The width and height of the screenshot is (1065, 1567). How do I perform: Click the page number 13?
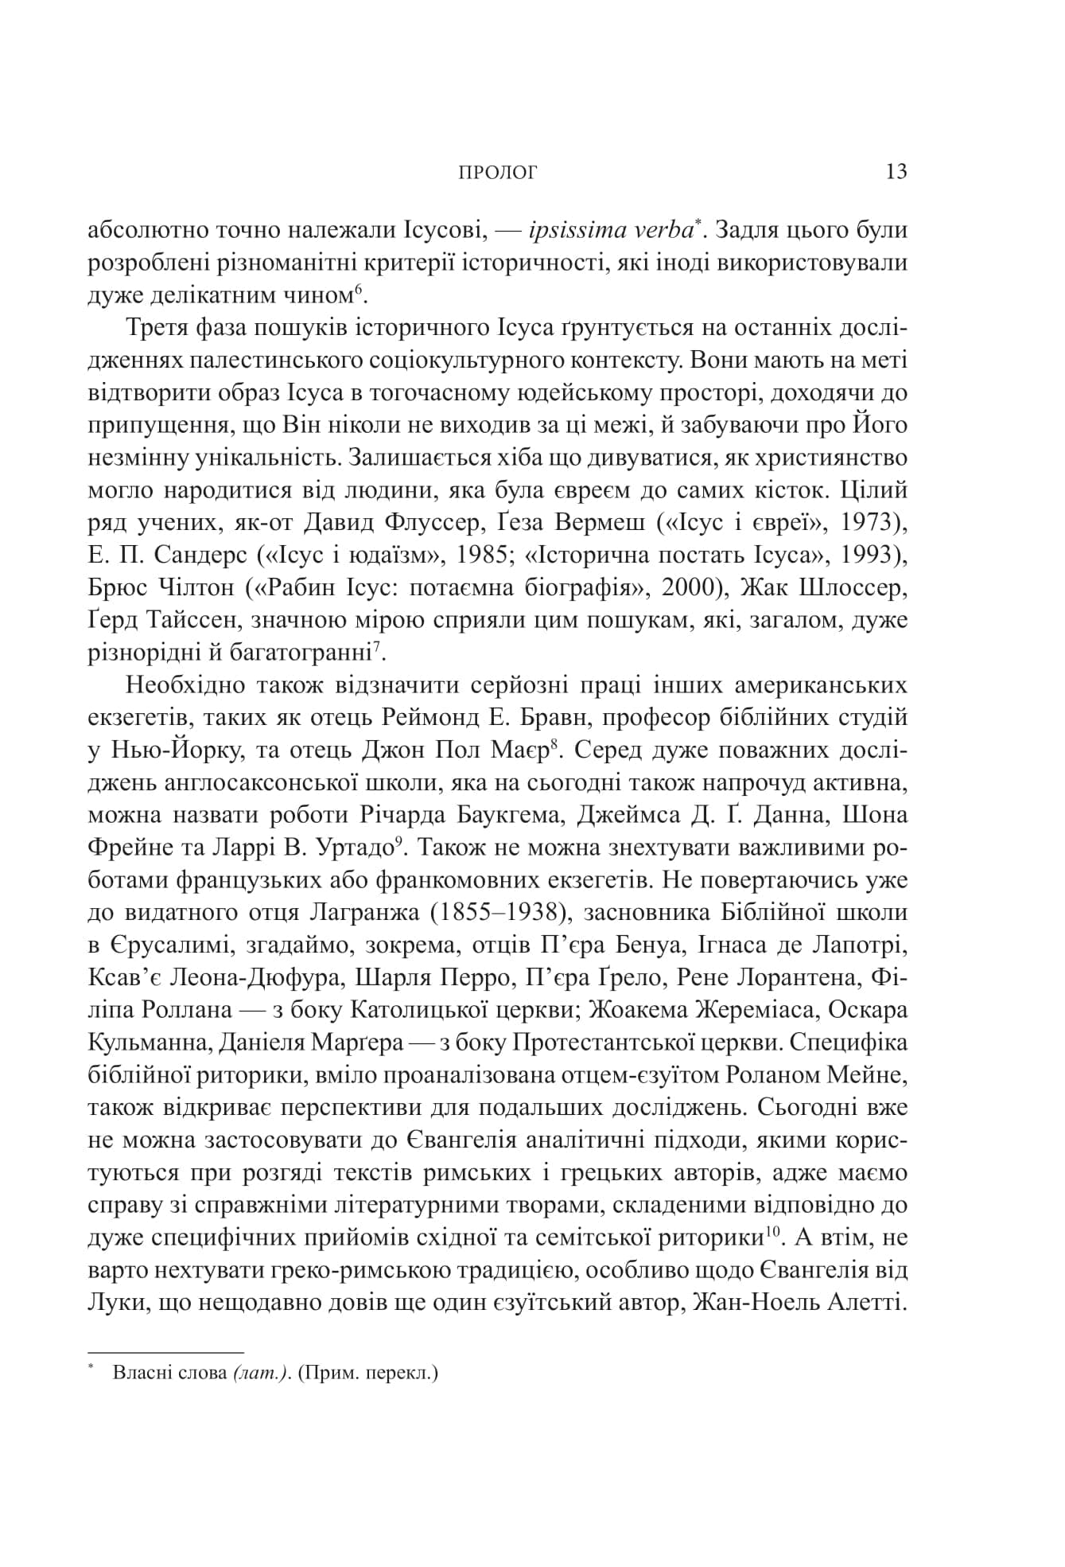pos(896,172)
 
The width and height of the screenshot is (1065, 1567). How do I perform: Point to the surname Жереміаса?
pos(758,1011)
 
